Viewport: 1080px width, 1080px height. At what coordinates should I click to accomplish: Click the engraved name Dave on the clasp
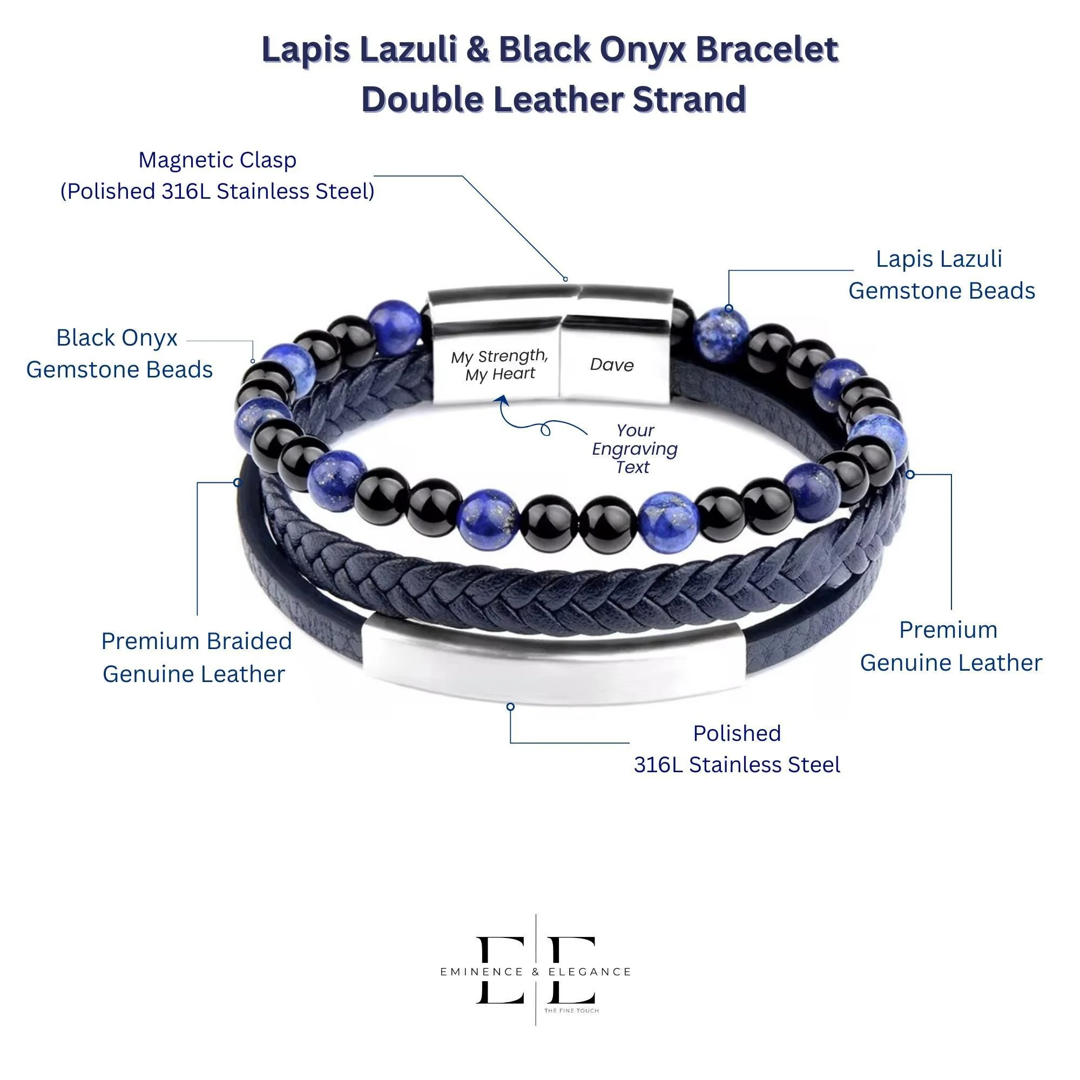pyautogui.click(x=612, y=365)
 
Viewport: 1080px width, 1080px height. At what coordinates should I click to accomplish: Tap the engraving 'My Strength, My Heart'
pyautogui.click(x=500, y=365)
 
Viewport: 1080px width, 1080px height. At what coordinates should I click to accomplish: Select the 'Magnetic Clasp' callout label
pyautogui.click(x=218, y=175)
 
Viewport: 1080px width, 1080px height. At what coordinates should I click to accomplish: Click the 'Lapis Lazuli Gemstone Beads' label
pyautogui.click(x=941, y=275)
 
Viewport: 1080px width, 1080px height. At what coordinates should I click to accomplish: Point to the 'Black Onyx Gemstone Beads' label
pyautogui.click(x=119, y=354)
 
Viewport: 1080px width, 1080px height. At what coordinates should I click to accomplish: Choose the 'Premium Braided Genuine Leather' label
pyautogui.click(x=195, y=657)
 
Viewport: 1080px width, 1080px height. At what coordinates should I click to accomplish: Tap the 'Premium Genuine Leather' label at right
pyautogui.click(x=950, y=646)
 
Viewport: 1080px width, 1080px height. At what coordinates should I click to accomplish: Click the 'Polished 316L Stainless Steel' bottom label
pyautogui.click(x=737, y=749)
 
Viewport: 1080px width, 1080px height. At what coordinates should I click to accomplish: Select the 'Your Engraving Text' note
pyautogui.click(x=634, y=449)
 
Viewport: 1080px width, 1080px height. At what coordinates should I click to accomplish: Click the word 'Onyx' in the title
pyautogui.click(x=644, y=50)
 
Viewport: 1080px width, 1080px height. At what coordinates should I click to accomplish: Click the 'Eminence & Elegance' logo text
pyautogui.click(x=536, y=972)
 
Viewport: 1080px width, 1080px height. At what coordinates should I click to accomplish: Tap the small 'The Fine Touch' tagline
pyautogui.click(x=571, y=1011)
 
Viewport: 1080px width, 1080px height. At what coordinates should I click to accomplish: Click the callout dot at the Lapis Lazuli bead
pyautogui.click(x=728, y=308)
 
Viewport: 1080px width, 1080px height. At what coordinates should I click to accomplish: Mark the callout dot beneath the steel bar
pyautogui.click(x=510, y=706)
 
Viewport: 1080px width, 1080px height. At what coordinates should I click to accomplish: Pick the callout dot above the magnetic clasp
pyautogui.click(x=565, y=279)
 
